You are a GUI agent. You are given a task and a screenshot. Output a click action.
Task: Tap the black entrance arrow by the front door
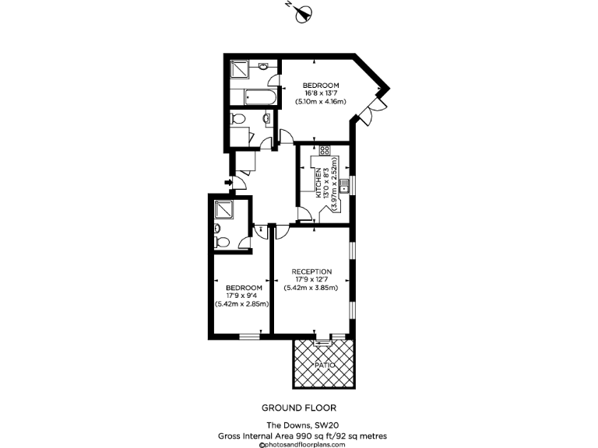point(227,183)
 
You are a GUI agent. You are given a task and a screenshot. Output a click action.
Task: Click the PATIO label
point(324,364)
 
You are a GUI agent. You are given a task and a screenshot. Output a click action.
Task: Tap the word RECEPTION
point(311,271)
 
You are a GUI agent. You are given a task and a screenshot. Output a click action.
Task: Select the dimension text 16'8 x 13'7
point(321,93)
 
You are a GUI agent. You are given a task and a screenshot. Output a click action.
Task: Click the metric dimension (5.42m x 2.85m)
point(242,303)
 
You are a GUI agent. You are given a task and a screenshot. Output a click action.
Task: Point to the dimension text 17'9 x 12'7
point(311,279)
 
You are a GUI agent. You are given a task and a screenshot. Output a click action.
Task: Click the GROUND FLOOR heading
point(298,408)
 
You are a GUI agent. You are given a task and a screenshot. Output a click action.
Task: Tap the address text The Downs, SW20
point(298,425)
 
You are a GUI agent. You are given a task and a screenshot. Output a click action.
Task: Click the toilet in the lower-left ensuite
point(221,242)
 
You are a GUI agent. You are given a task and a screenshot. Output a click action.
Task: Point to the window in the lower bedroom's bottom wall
point(249,336)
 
